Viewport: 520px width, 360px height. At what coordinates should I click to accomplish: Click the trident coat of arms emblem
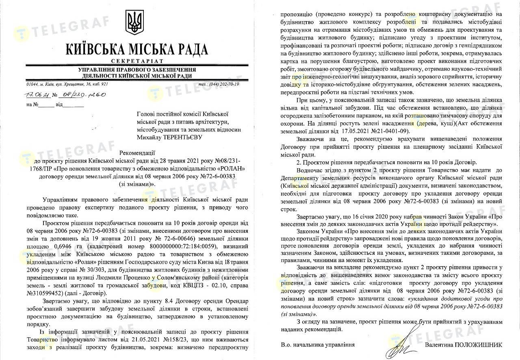pyautogui.click(x=133, y=22)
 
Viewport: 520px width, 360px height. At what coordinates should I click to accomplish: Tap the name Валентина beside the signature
pyautogui.click(x=439, y=345)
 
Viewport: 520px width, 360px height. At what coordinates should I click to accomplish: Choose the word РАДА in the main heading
pyautogui.click(x=190, y=49)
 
